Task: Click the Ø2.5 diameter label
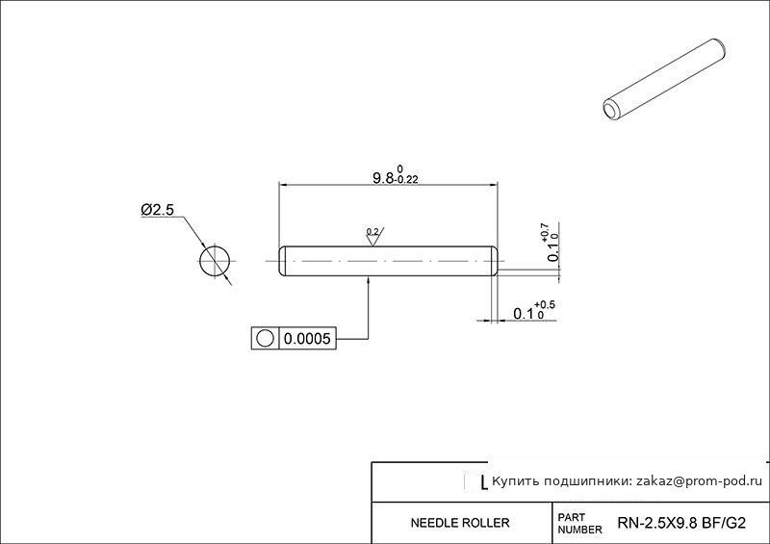[x=157, y=210]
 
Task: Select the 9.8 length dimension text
[x=383, y=178]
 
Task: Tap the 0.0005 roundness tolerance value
[x=307, y=339]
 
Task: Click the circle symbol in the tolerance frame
[x=265, y=339]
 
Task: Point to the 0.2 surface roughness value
[x=372, y=231]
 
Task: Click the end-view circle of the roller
[x=215, y=261]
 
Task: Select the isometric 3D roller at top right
[x=664, y=80]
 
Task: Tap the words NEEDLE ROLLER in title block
[x=460, y=523]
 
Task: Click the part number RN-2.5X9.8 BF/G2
[x=681, y=523]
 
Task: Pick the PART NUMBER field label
[x=579, y=524]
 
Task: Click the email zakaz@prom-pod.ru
[x=700, y=481]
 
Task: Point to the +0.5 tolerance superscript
[x=545, y=305]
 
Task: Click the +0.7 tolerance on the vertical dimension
[x=545, y=231]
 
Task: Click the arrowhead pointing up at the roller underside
[x=369, y=280]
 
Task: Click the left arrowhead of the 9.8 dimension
[x=283, y=185]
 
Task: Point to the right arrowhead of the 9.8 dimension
[x=493, y=185]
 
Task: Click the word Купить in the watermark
[x=510, y=481]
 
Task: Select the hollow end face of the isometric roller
[x=611, y=110]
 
